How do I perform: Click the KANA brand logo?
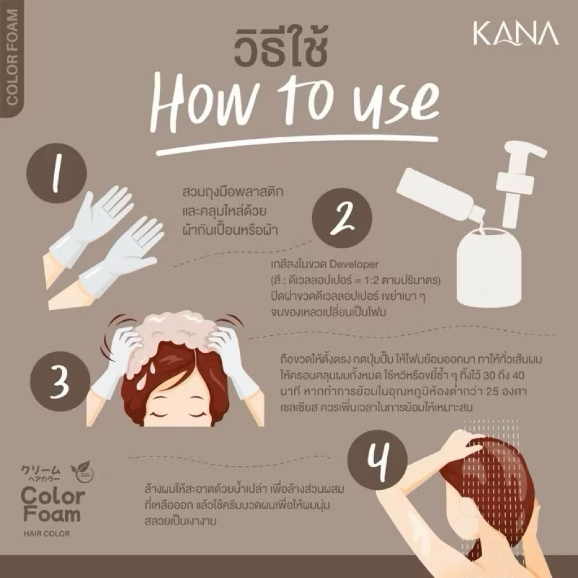pos(516,34)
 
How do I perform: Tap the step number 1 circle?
pos(56,173)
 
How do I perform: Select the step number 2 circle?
pos(341,218)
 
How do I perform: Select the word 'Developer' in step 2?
pos(353,264)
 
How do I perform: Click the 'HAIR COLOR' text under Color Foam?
pos(46,533)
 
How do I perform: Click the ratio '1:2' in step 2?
pos(374,281)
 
